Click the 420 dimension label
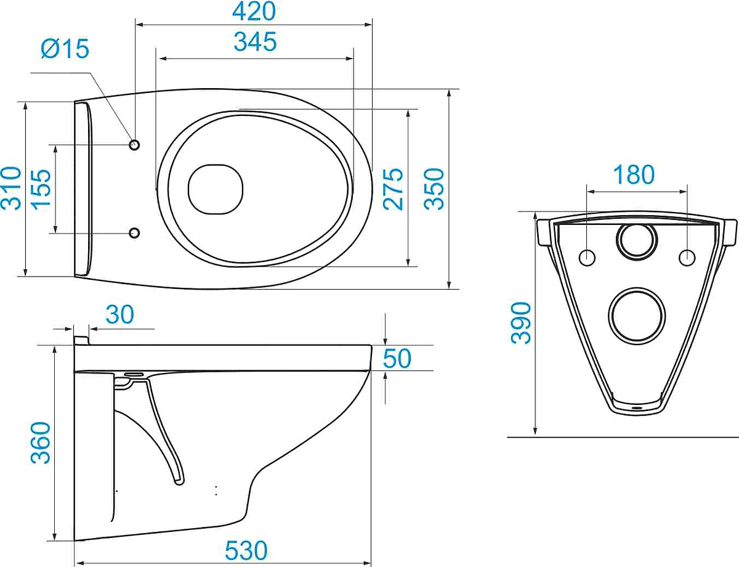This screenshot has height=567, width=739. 254,11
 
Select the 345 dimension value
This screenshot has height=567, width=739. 255,42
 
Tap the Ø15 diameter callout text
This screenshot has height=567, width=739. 65,48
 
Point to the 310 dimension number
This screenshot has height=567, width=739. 11,188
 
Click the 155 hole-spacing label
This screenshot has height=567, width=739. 41,188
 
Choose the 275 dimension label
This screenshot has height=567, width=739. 393,189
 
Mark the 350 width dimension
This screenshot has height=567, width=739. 434,189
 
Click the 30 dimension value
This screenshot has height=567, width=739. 119,314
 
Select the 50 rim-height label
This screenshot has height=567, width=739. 397,358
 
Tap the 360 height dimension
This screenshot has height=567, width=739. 41,443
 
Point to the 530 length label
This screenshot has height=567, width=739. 246,550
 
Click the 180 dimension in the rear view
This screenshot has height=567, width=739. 634,174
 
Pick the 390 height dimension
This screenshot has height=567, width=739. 521,323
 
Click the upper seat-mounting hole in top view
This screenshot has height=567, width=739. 134,145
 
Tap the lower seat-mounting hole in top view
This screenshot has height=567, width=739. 134,233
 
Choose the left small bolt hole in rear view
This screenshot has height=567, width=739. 587,257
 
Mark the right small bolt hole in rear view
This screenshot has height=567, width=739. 687,257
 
